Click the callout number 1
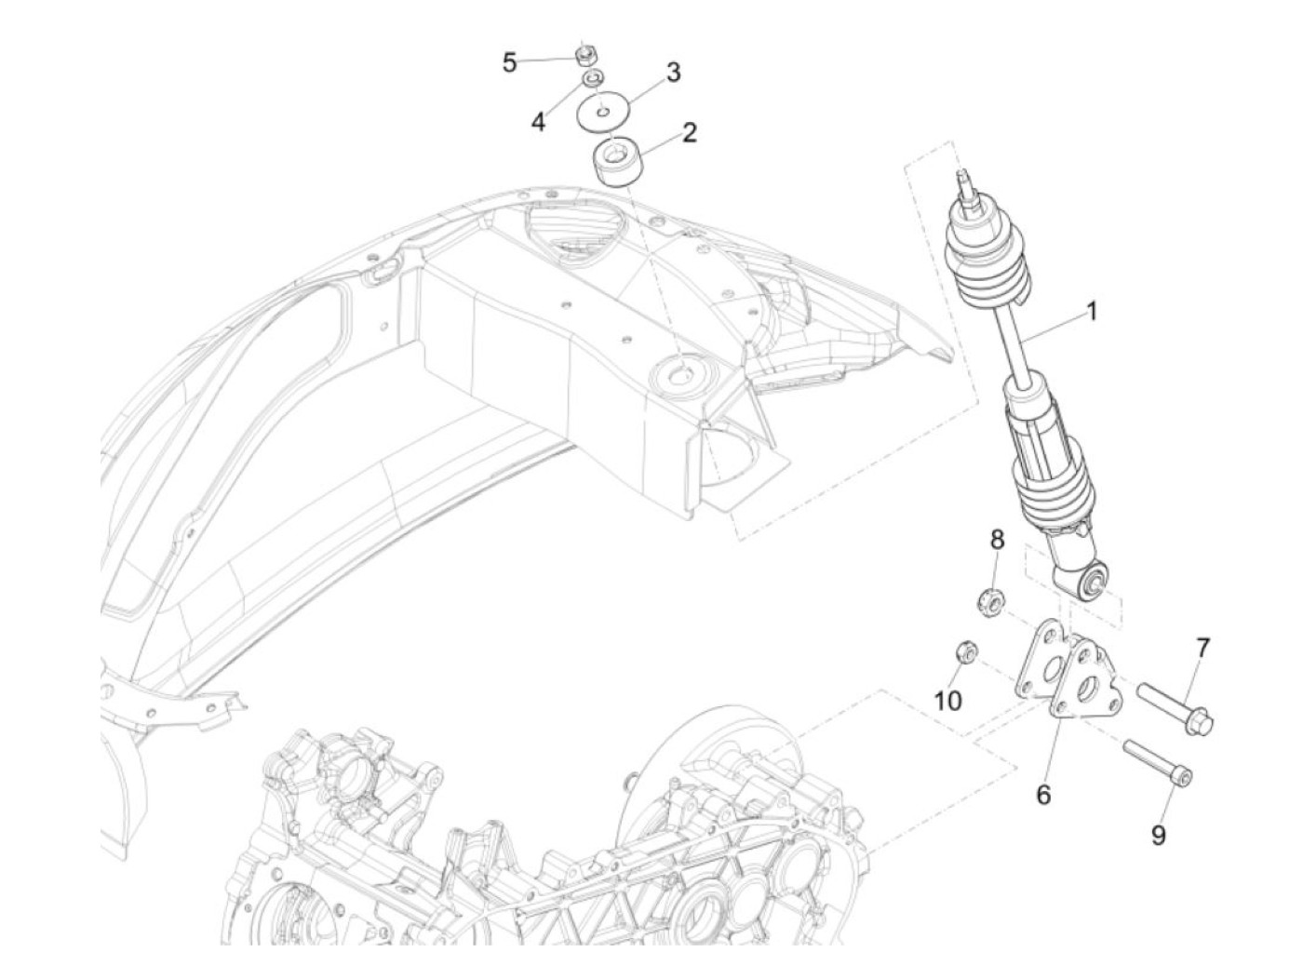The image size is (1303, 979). pyautogui.click(x=1092, y=311)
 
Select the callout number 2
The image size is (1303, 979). pyautogui.click(x=688, y=133)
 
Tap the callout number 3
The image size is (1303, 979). pyautogui.click(x=672, y=72)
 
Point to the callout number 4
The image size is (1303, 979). pyautogui.click(x=539, y=122)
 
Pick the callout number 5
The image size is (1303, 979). pyautogui.click(x=509, y=63)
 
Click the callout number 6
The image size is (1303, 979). pyautogui.click(x=1043, y=795)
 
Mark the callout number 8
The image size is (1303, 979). pyautogui.click(x=997, y=539)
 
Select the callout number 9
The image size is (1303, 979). pyautogui.click(x=1158, y=835)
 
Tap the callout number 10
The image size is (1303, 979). pyautogui.click(x=948, y=700)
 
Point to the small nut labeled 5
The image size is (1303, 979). pyautogui.click(x=585, y=55)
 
